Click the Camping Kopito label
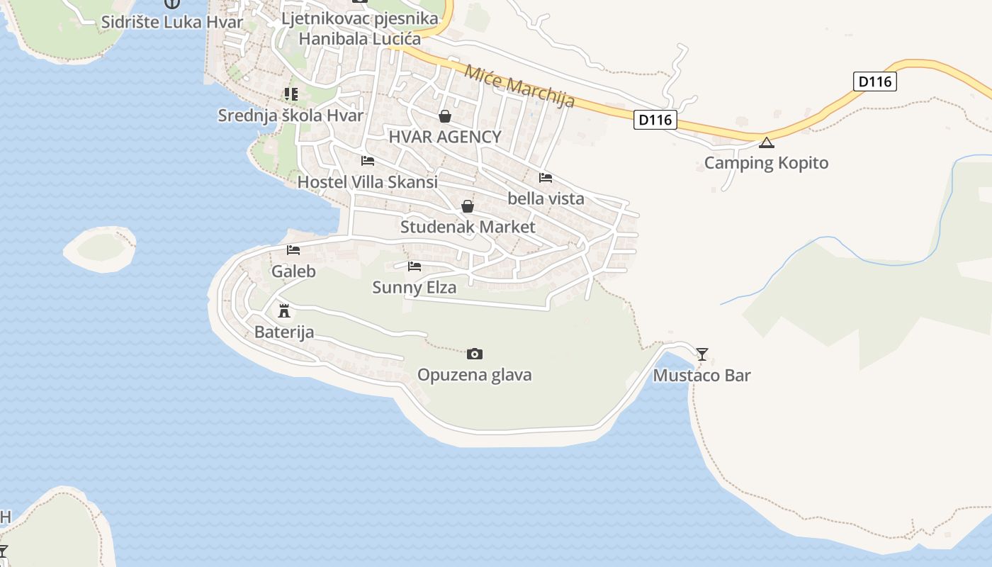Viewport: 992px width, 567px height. (766, 163)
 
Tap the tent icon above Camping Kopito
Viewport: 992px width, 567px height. (766, 143)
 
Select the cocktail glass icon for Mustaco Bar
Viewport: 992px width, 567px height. (702, 354)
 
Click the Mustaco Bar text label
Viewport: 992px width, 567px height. (701, 376)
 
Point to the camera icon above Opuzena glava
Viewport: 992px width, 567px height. (475, 354)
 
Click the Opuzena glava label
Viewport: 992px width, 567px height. (474, 375)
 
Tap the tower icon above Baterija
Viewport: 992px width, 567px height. (284, 310)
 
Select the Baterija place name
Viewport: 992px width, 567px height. (284, 332)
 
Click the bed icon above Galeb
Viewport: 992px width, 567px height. (293, 249)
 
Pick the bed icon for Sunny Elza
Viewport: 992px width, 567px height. (415, 266)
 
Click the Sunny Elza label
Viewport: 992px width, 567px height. (415, 288)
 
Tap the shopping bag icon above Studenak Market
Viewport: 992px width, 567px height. (468, 206)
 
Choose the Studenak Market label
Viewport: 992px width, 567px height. (468, 228)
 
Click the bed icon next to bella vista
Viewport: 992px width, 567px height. (546, 177)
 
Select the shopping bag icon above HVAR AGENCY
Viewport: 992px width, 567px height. (445, 116)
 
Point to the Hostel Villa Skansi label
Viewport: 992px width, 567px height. (367, 182)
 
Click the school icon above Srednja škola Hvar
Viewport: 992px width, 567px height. (291, 94)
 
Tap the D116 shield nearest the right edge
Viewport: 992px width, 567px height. (874, 82)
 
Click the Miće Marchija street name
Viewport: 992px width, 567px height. (519, 86)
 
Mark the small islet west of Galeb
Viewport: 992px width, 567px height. (100, 249)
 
